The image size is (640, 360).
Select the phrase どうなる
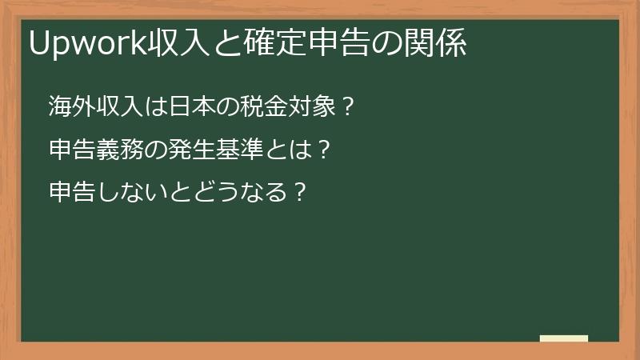tap(231, 193)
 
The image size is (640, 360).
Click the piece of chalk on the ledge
tap(564, 338)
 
